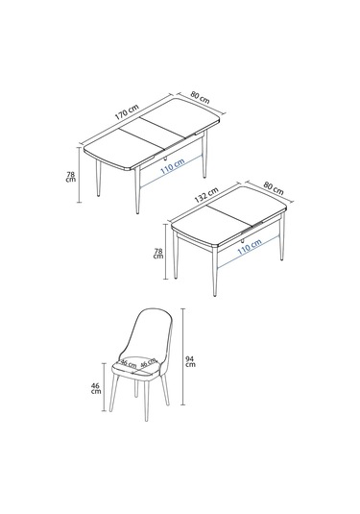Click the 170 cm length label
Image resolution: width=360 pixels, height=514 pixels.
point(125,114)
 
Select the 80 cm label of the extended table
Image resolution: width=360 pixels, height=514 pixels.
point(200,97)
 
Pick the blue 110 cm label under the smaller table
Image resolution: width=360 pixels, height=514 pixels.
point(248,247)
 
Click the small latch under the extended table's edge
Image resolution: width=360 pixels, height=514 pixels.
point(166,158)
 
